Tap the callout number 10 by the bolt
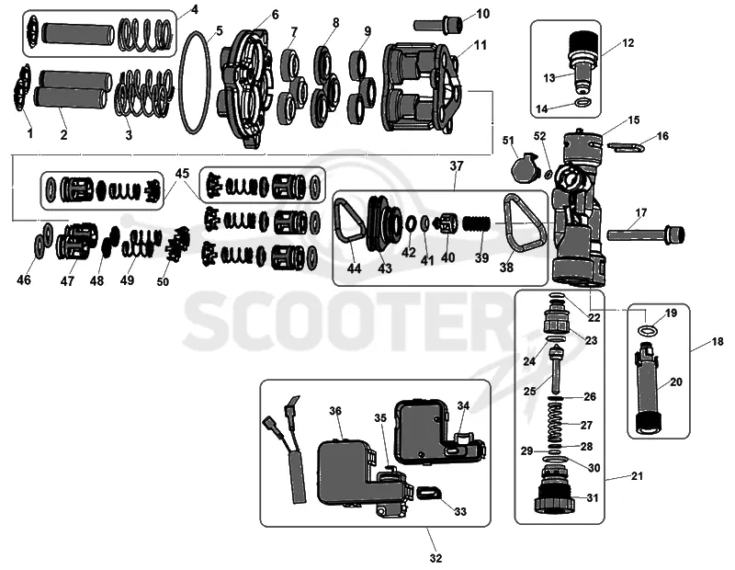[x=482, y=14]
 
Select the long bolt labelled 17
[x=646, y=233]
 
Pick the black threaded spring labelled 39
[x=477, y=223]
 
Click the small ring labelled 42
[x=409, y=223]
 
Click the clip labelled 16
[x=627, y=148]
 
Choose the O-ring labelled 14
[x=582, y=103]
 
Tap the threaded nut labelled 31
[x=555, y=497]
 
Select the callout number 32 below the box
[x=435, y=558]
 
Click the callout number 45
[x=182, y=174]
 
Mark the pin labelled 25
[x=557, y=370]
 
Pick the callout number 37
[x=457, y=165]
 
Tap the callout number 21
[x=637, y=475]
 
